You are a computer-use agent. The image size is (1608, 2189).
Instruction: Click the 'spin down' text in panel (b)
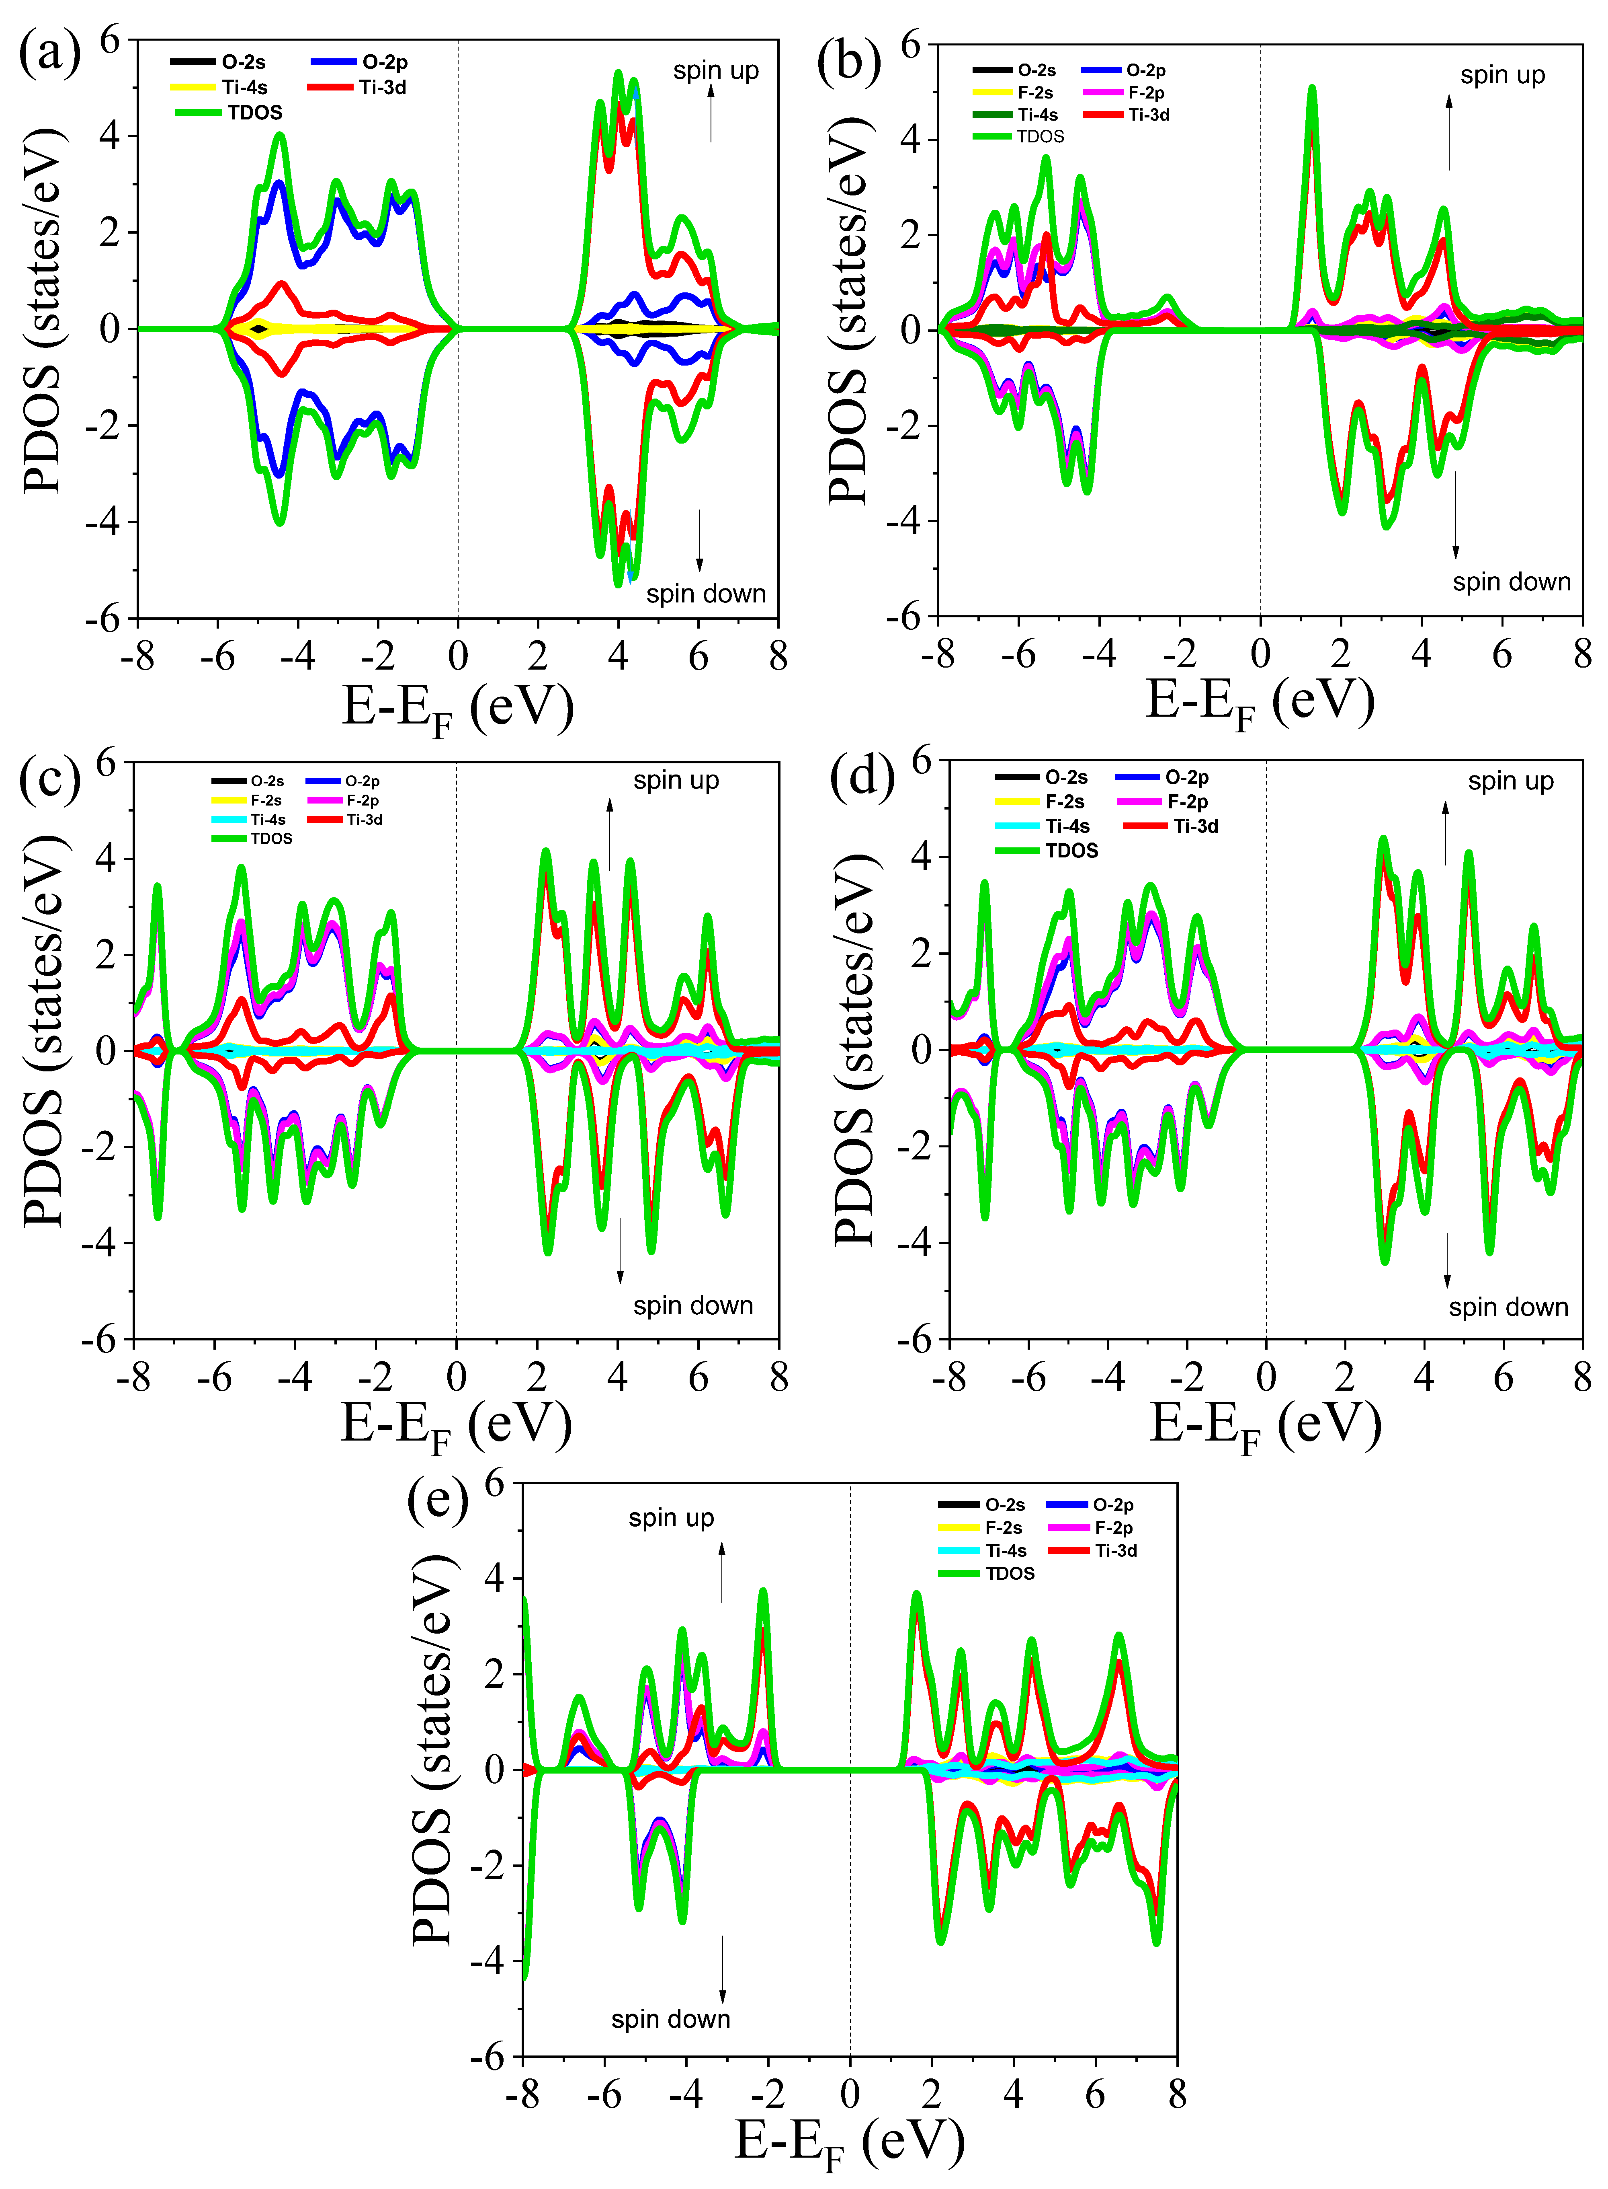pos(1512,582)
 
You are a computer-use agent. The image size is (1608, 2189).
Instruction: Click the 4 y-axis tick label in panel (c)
pos(105,858)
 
